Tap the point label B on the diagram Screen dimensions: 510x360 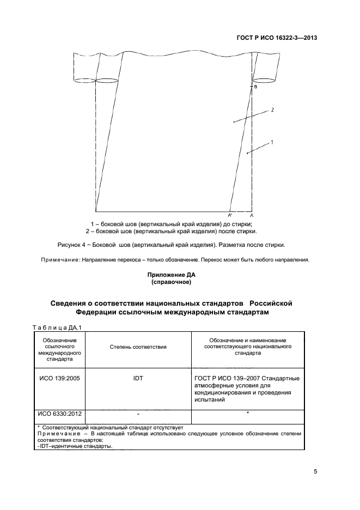tap(255, 87)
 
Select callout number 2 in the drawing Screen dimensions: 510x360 tap(272, 110)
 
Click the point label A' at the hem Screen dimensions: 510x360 tap(230, 216)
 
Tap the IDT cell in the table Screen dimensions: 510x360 tap(138, 377)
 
